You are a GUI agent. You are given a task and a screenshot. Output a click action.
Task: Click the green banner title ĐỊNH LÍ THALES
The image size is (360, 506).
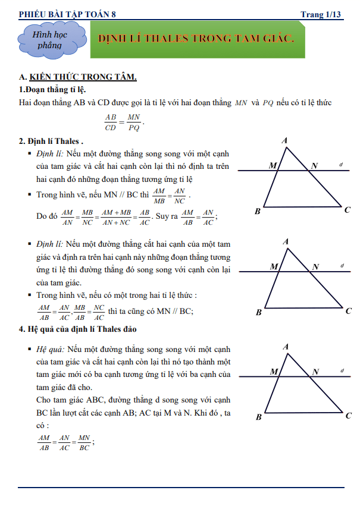click(x=196, y=39)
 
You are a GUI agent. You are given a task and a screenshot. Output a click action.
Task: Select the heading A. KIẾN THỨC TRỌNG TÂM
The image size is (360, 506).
click(x=78, y=77)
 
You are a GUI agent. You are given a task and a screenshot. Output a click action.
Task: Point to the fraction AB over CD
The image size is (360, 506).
click(x=111, y=122)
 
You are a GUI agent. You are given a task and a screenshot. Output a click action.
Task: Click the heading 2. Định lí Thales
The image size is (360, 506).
click(x=51, y=142)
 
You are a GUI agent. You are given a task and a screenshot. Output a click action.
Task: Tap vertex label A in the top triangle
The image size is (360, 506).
click(x=286, y=141)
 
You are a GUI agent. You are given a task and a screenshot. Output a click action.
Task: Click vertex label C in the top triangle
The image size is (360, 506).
click(x=348, y=210)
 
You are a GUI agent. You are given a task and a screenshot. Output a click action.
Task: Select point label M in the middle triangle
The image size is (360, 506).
click(x=273, y=267)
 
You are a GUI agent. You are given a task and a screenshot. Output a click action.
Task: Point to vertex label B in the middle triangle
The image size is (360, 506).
click(x=259, y=312)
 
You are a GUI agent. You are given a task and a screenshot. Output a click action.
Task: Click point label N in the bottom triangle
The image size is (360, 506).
click(x=316, y=372)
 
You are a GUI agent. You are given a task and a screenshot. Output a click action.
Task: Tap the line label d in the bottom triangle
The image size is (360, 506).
click(x=342, y=370)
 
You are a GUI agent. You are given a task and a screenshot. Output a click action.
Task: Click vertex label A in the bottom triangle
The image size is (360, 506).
click(x=286, y=347)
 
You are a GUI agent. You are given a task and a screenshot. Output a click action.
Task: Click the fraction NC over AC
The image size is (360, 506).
click(x=99, y=312)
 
